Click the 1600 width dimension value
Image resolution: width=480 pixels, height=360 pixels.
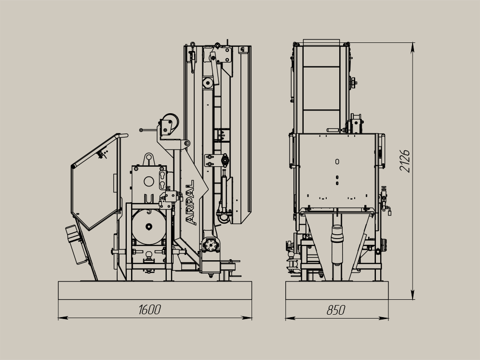[150, 309]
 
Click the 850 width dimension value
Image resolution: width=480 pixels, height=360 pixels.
[336, 310]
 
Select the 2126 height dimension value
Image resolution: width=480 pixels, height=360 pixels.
[404, 161]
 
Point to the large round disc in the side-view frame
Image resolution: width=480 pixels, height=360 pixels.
[149, 227]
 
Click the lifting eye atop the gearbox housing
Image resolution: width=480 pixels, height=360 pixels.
[149, 159]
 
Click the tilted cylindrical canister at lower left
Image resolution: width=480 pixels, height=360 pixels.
[76, 245]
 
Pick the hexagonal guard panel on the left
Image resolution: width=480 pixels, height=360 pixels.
[95, 182]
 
